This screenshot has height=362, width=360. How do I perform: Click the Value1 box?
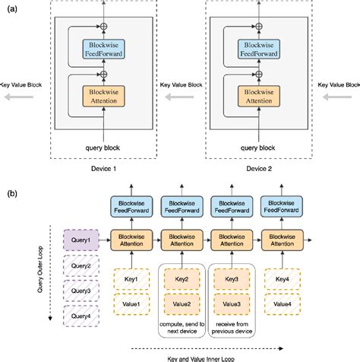coord(131,303)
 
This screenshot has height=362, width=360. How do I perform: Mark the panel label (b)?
coord(9,194)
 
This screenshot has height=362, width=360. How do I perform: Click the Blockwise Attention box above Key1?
coord(131,240)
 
